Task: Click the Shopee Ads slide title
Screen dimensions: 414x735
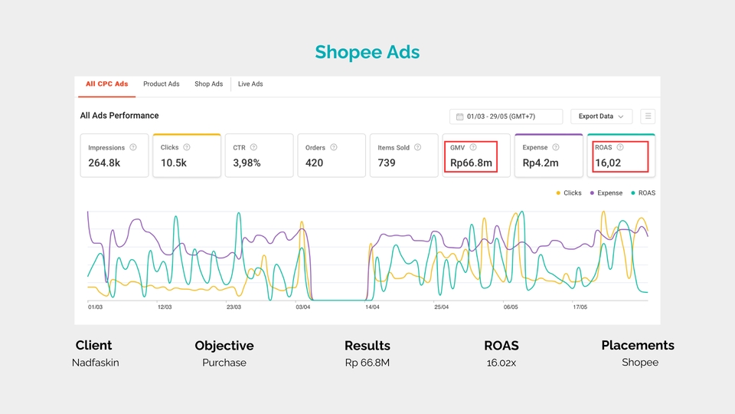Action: [x=367, y=52]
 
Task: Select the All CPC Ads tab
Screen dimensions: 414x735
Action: [x=106, y=84]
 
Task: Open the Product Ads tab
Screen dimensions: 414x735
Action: [x=161, y=84]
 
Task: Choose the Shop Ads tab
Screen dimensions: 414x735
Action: [x=208, y=84]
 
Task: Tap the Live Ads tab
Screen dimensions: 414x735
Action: [x=250, y=84]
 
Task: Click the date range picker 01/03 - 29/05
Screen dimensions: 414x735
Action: [x=505, y=117]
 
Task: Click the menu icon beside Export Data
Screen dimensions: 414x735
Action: [x=648, y=117]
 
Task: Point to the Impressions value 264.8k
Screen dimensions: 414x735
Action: [x=104, y=163]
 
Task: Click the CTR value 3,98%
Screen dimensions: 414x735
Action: [x=247, y=163]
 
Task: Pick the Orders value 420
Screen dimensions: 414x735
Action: [x=314, y=163]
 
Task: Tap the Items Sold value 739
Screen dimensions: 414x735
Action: [x=387, y=163]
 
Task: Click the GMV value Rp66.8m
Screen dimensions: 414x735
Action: [x=470, y=163]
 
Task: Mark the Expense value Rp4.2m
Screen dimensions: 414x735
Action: [x=540, y=163]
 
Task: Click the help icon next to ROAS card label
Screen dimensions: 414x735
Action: [x=620, y=147]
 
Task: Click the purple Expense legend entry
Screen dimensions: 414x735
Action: [x=606, y=193]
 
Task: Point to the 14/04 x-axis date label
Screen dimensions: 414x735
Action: [x=372, y=307]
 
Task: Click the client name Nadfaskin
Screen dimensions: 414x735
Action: [x=96, y=363]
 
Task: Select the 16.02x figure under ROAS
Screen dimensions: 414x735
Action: [x=501, y=363]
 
